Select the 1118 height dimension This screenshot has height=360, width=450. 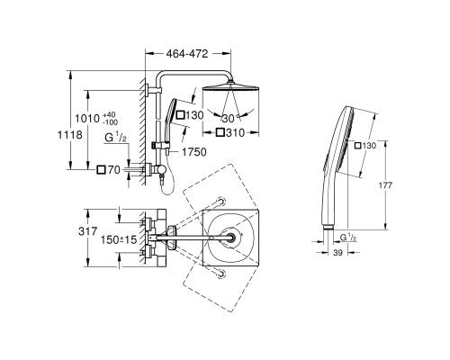click(x=70, y=135)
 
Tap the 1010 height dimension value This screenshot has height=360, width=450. click(x=87, y=119)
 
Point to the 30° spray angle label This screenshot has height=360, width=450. click(x=230, y=119)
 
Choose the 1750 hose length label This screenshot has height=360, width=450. click(x=194, y=152)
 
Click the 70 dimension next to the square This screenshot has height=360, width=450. click(x=114, y=170)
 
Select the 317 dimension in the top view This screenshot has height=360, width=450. click(x=88, y=231)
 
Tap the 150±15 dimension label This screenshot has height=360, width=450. click(x=119, y=239)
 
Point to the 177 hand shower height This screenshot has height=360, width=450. click(x=385, y=185)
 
